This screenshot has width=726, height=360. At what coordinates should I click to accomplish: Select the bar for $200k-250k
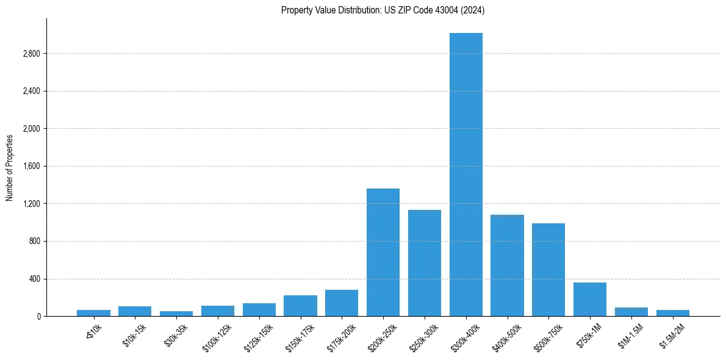pyautogui.click(x=383, y=253)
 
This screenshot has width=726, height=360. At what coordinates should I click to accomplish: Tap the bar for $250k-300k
pyautogui.click(x=425, y=263)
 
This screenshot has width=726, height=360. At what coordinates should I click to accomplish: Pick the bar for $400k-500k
pyautogui.click(x=507, y=265)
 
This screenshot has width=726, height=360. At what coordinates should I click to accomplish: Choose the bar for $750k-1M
pyautogui.click(x=590, y=299)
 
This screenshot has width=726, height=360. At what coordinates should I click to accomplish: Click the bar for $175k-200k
pyautogui.click(x=342, y=303)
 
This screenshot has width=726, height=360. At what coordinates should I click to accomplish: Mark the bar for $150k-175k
pyautogui.click(x=300, y=306)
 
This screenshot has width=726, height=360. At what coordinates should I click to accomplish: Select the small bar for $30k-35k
pyautogui.click(x=176, y=314)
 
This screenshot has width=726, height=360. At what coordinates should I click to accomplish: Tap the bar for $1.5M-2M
pyautogui.click(x=673, y=313)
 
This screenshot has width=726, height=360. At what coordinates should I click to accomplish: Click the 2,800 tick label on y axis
pyautogui.click(x=31, y=54)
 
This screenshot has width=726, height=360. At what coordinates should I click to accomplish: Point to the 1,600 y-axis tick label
pyautogui.click(x=31, y=166)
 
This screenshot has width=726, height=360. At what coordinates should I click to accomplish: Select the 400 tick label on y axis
pyautogui.click(x=34, y=279)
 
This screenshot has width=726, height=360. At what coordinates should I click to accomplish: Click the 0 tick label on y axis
pyautogui.click(x=38, y=317)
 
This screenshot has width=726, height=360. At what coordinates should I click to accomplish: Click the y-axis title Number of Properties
pyautogui.click(x=10, y=167)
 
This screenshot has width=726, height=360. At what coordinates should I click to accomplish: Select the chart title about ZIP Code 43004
pyautogui.click(x=383, y=10)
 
